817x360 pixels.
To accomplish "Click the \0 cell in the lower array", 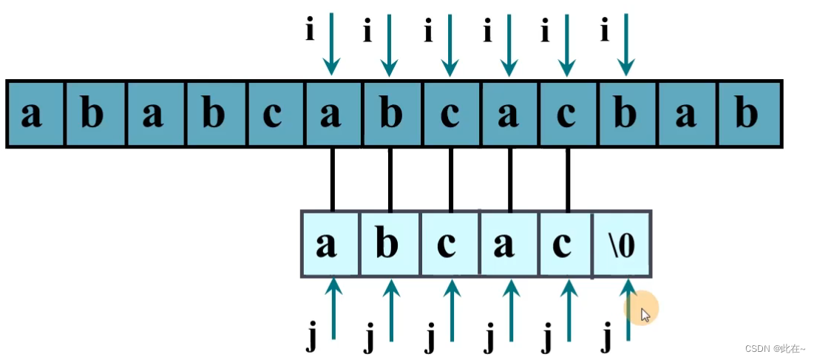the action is point(623,244).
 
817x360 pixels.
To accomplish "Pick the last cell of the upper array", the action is point(748,115).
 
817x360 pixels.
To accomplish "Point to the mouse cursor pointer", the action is point(645,315).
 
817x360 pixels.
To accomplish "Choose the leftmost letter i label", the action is point(311,31).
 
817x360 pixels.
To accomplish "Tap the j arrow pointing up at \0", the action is point(628,310).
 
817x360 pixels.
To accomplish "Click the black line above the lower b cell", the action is point(390,179).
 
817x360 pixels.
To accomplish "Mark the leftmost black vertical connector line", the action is point(332,179).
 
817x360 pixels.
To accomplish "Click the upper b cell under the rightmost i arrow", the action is point(626,115).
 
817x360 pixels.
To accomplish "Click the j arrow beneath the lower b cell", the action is point(391,310).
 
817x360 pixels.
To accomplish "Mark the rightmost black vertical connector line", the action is point(567,179).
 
